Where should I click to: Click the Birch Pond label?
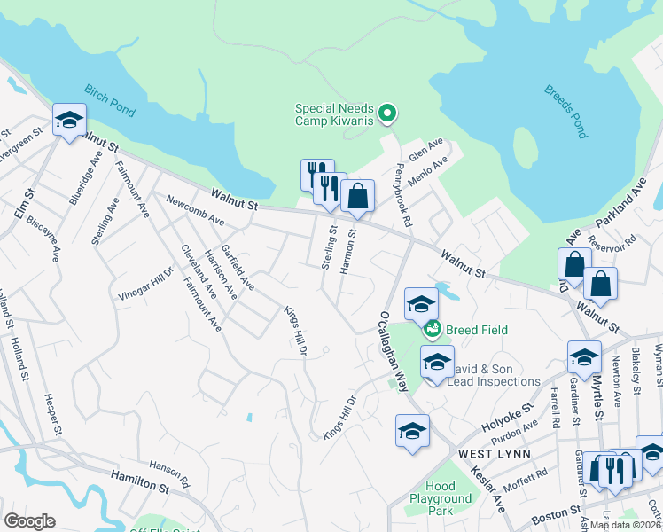111,102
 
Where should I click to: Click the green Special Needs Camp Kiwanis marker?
386,113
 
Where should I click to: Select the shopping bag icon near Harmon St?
357,197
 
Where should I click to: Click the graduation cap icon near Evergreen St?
68,121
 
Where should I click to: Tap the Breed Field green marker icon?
433,330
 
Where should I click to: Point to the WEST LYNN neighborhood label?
495,454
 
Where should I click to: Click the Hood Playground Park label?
441,499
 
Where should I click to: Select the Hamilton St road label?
139,481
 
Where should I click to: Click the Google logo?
29,520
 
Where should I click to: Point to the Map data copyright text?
625,524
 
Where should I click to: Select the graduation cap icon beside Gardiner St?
584,357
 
